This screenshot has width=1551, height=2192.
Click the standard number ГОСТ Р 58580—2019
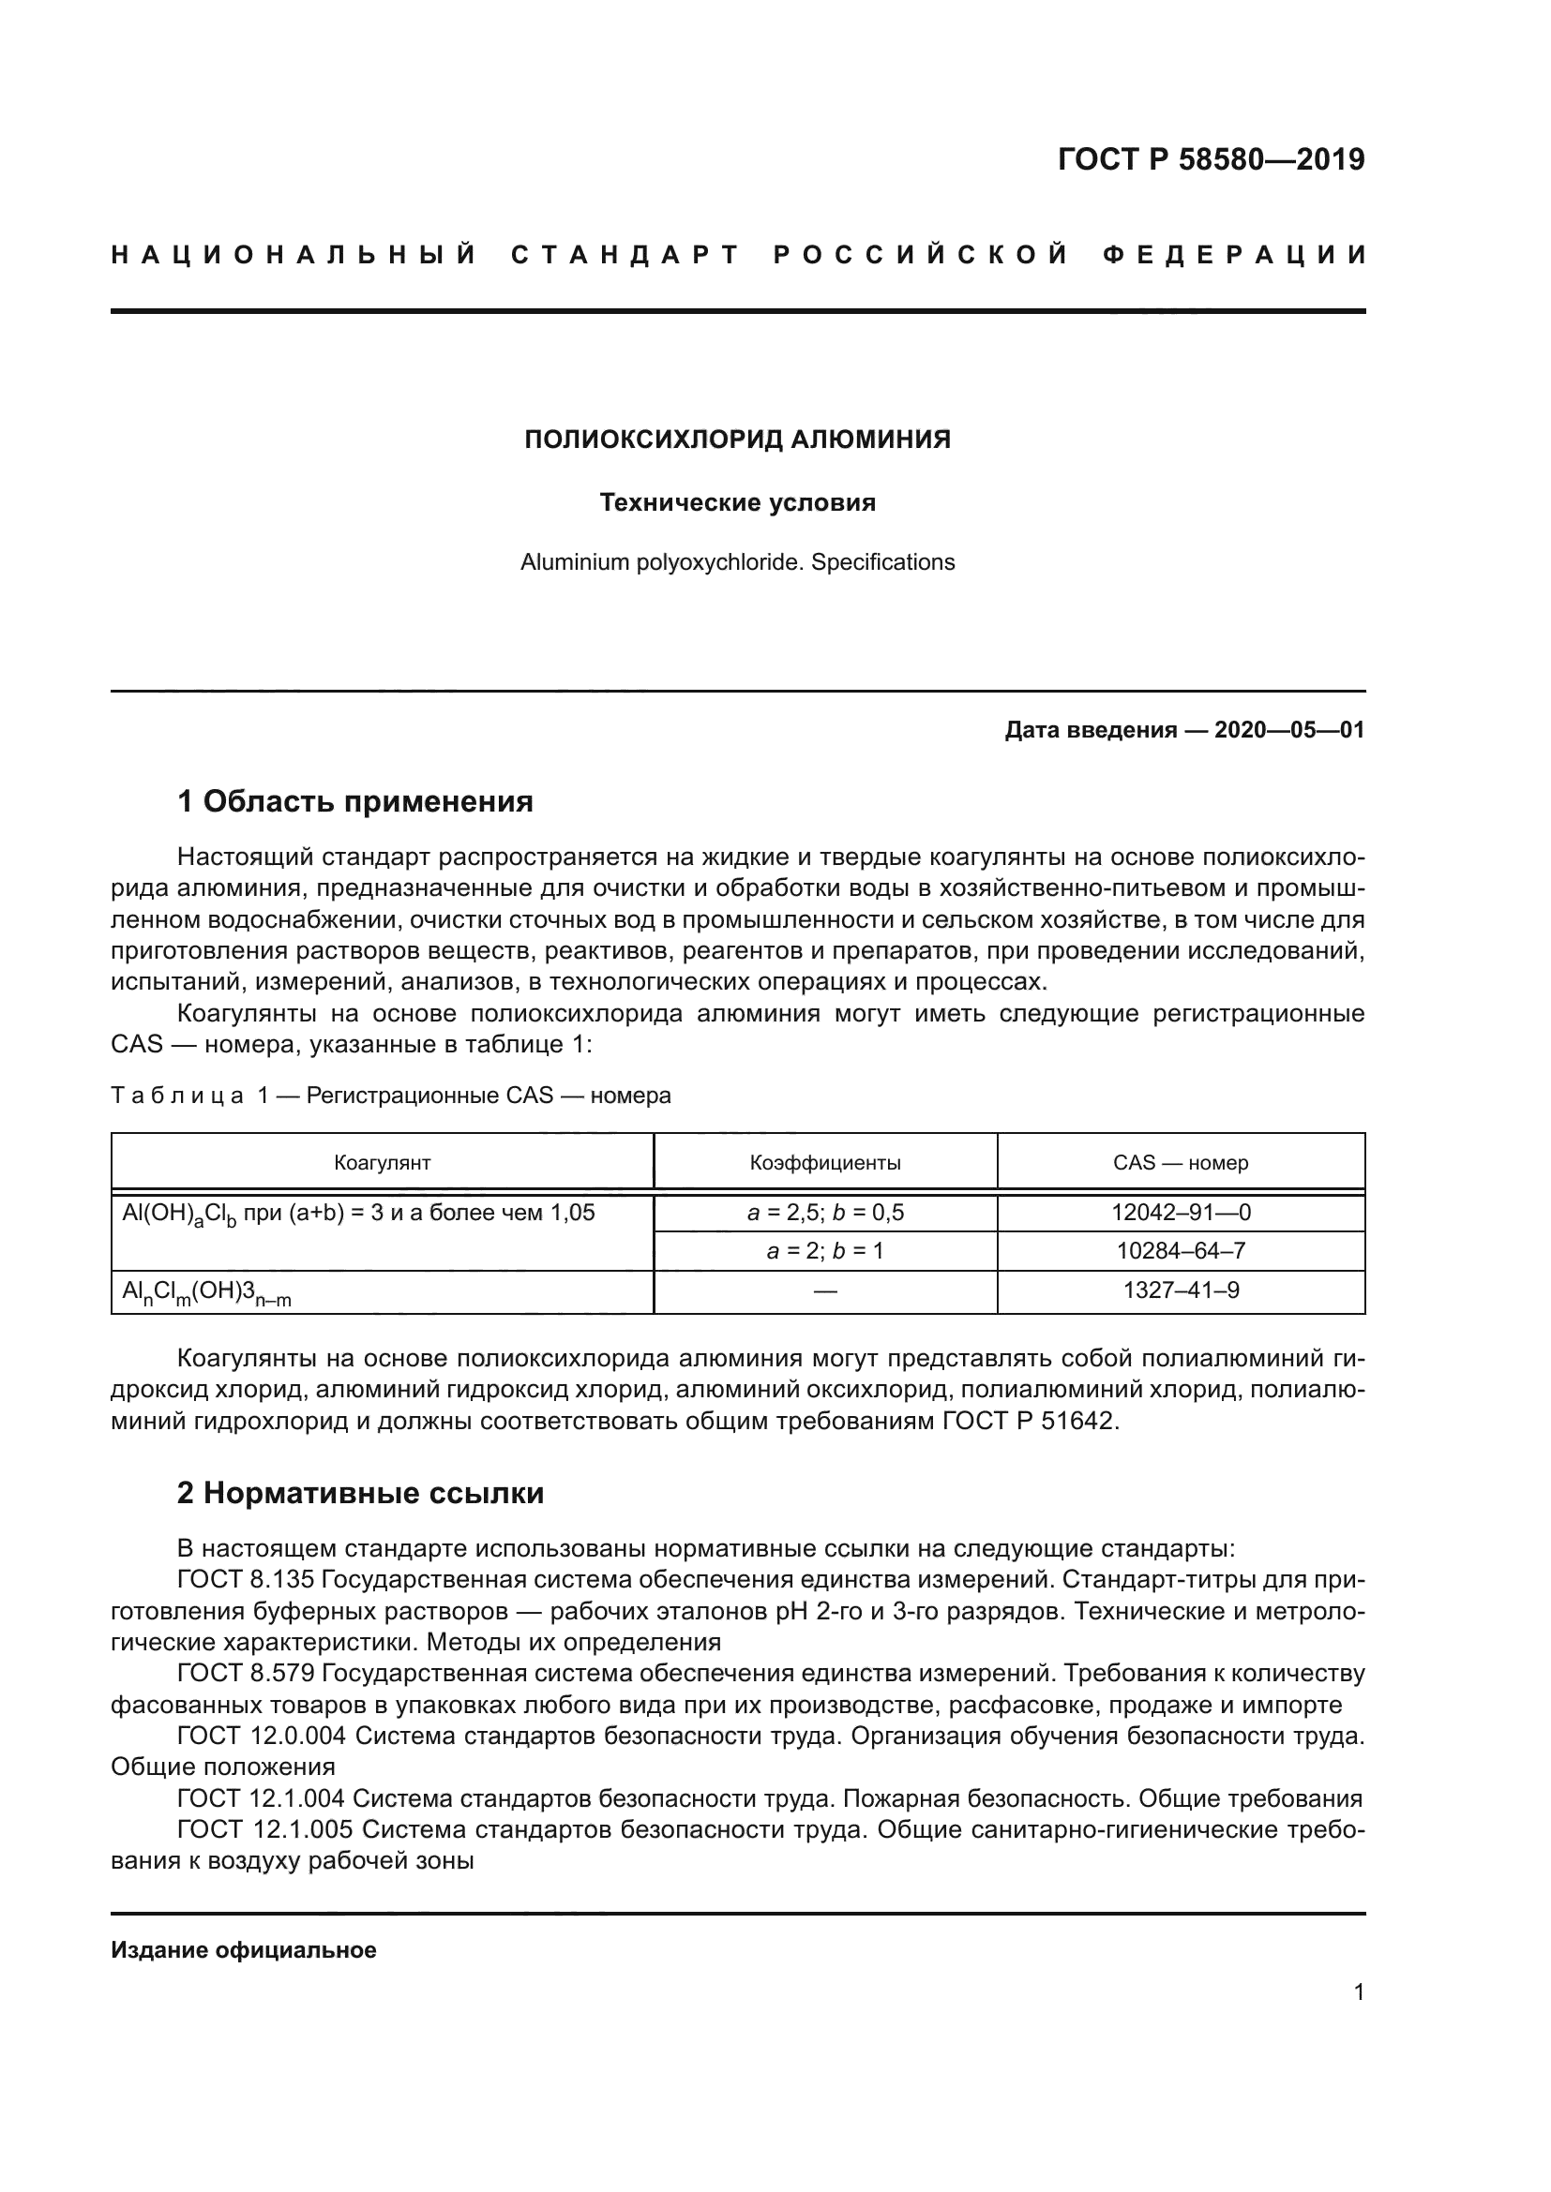[x=1210, y=159]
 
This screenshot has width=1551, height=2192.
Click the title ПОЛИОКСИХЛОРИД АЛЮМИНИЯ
[x=737, y=440]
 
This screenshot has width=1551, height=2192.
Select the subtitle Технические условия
[x=737, y=502]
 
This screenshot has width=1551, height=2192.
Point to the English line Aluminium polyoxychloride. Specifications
[x=737, y=562]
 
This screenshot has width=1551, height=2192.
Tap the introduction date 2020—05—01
[x=1288, y=730]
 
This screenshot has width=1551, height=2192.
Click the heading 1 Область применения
[x=355, y=801]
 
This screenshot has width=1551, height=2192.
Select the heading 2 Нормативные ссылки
[x=360, y=1492]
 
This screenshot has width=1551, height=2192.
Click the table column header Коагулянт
[x=382, y=1162]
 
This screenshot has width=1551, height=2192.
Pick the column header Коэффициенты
[x=825, y=1162]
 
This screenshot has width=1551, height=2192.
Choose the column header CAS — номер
[x=1181, y=1162]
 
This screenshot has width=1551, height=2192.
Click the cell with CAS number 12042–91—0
[x=1181, y=1213]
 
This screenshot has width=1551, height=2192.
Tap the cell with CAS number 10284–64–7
[x=1181, y=1251]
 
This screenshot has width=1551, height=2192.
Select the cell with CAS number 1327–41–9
[x=1181, y=1290]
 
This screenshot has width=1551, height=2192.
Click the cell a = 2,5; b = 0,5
[x=825, y=1213]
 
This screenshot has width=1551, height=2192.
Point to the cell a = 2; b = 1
[x=825, y=1251]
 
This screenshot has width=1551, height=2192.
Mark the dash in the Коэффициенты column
[x=825, y=1290]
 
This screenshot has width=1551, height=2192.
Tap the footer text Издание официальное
[x=244, y=1949]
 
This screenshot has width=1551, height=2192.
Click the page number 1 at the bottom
[x=1358, y=1991]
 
